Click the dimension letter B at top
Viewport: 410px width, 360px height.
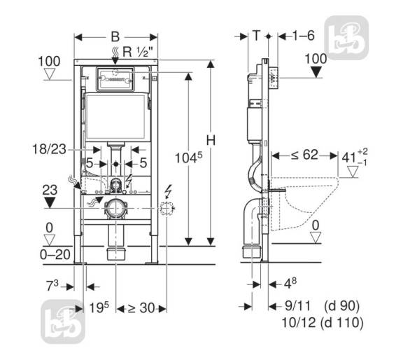click(115, 37)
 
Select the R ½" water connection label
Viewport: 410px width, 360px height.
click(137, 52)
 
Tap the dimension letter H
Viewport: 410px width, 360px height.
click(211, 140)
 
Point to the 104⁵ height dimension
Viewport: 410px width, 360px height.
click(188, 158)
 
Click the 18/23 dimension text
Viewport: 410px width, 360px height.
click(49, 149)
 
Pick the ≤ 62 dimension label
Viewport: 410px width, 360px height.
click(304, 155)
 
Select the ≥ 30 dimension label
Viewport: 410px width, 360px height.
click(141, 308)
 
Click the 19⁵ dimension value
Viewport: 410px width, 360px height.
click(99, 307)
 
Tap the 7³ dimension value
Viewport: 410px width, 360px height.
click(52, 285)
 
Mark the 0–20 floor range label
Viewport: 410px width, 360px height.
click(55, 254)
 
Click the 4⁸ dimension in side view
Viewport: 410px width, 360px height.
click(290, 283)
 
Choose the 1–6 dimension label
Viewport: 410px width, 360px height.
click(303, 35)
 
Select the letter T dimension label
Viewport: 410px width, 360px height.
click(257, 35)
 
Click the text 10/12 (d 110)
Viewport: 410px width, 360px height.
click(323, 323)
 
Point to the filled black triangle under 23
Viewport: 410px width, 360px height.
click(50, 202)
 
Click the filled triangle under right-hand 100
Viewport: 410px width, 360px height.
click(317, 72)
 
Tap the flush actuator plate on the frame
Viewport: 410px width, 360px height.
click(115, 79)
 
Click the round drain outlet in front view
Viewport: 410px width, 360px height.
click(115, 209)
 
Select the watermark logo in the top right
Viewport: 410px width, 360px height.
click(346, 38)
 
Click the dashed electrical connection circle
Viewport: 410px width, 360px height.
click(167, 209)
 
